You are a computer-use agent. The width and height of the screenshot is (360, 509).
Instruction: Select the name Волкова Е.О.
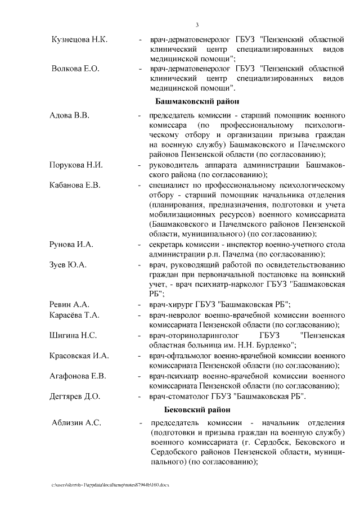[x=75, y=69]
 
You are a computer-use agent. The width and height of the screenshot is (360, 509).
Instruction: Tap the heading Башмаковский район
[x=197, y=102]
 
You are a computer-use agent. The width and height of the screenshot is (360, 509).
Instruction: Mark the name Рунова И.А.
[x=71, y=245]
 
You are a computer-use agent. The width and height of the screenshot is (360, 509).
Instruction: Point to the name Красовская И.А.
[x=79, y=356]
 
